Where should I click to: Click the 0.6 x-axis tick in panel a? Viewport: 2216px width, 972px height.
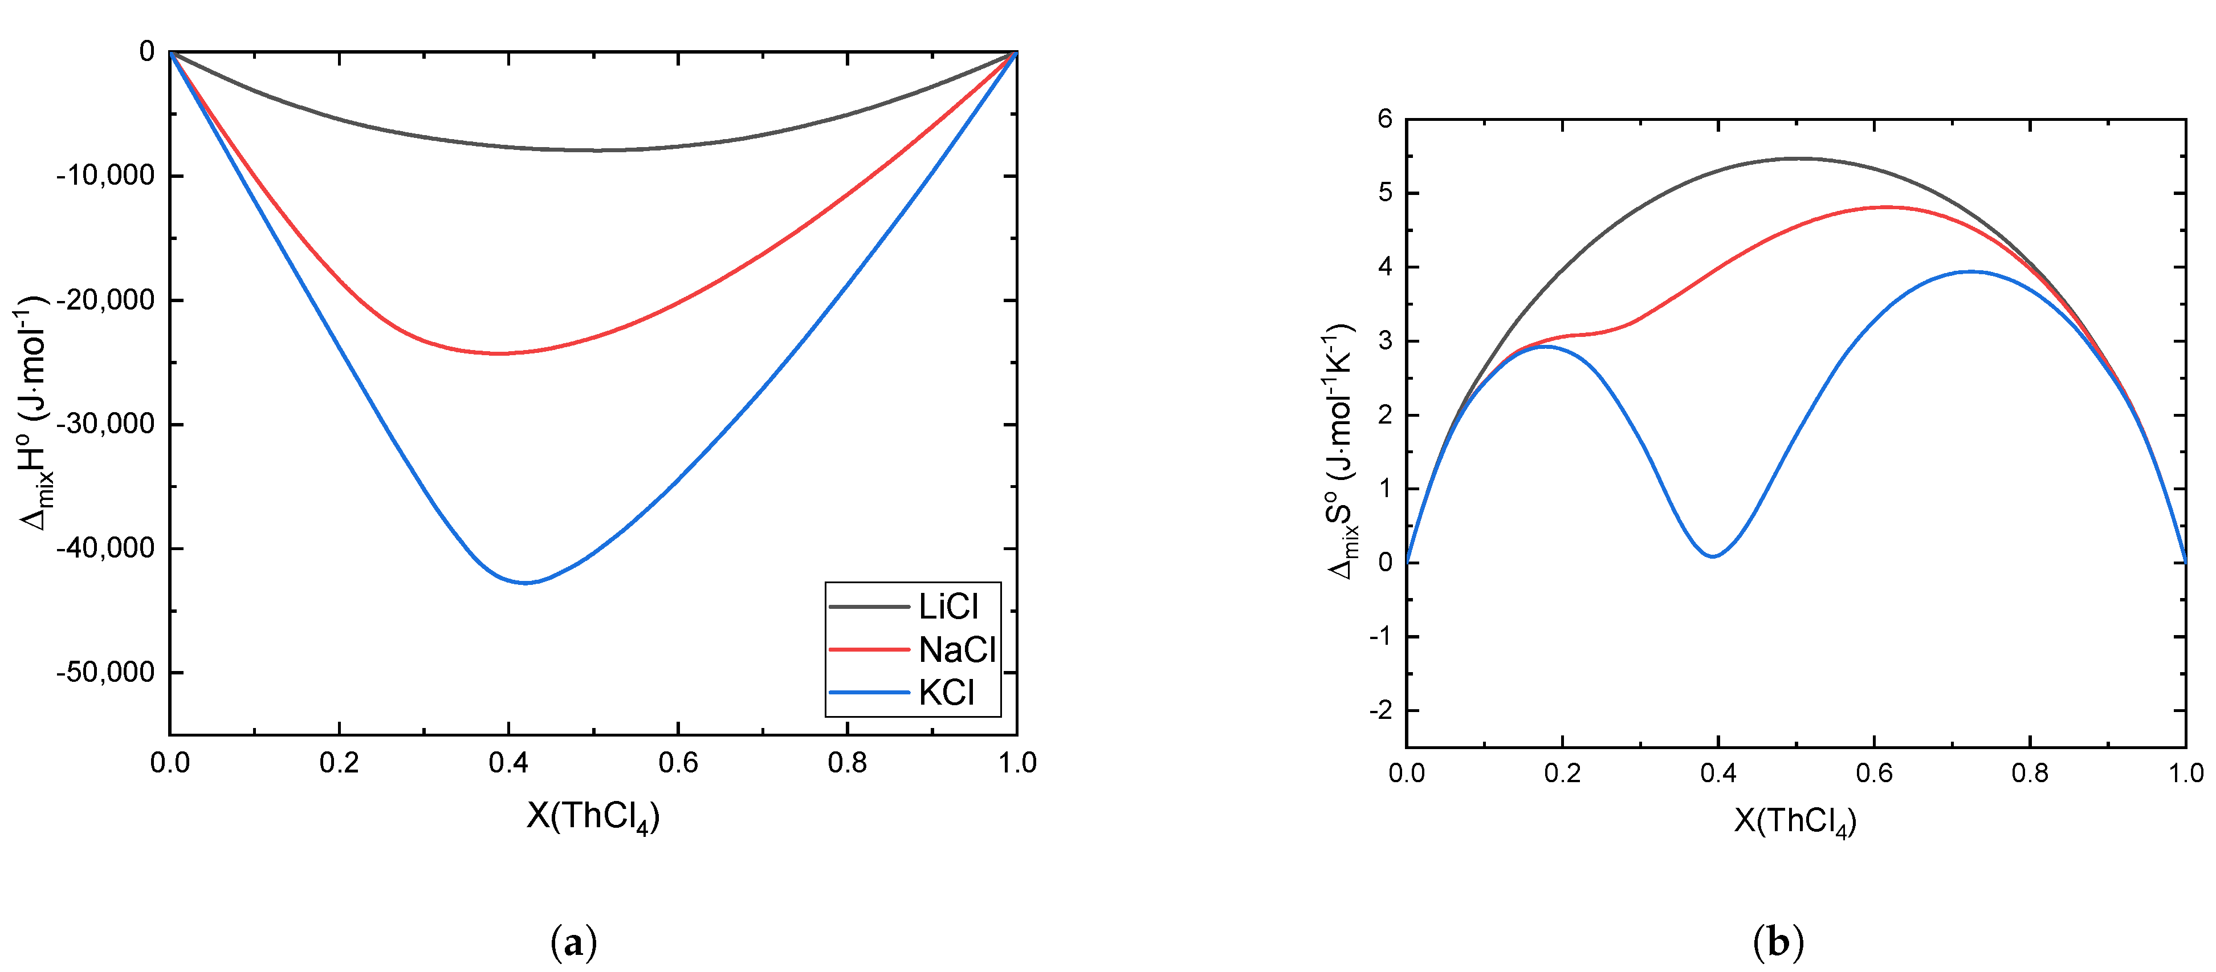678,762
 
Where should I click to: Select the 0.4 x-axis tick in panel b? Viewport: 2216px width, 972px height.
1717,772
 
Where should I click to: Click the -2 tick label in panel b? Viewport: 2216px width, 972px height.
1380,710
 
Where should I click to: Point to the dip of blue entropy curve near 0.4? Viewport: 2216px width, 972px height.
1713,556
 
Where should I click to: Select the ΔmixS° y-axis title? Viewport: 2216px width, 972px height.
1341,452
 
